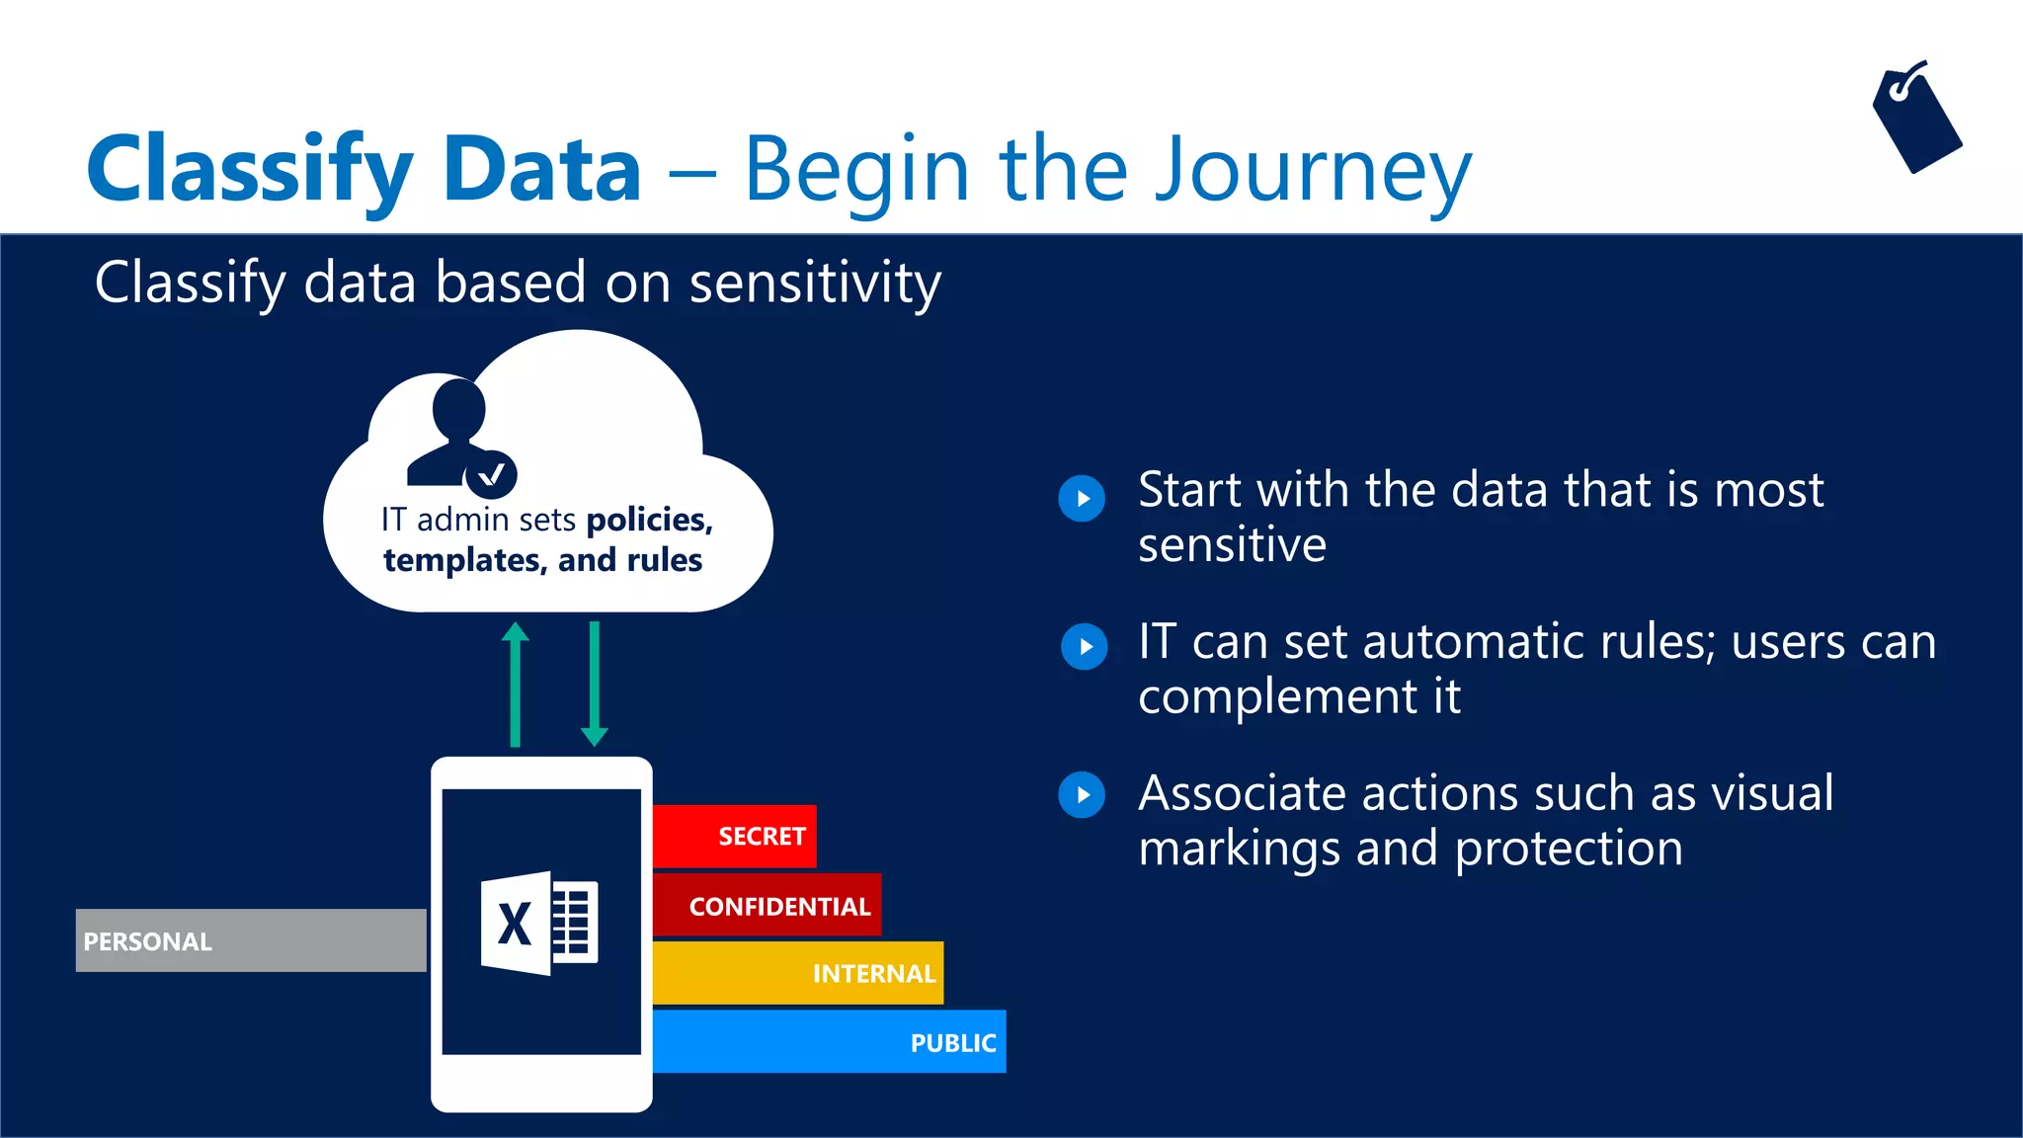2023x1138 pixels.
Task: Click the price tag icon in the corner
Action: point(1916,121)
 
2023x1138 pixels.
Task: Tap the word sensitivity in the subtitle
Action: point(815,284)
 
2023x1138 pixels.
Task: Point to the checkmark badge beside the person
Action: point(491,475)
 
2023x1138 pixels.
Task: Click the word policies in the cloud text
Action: point(648,520)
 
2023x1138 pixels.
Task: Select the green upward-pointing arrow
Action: point(515,684)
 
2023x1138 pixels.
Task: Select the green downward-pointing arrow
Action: point(594,684)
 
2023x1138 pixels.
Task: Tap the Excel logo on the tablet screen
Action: point(539,923)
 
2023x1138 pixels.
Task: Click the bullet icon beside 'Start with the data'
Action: point(1082,498)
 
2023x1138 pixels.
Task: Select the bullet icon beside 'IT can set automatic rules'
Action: point(1084,647)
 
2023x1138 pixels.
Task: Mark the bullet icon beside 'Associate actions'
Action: point(1082,795)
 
